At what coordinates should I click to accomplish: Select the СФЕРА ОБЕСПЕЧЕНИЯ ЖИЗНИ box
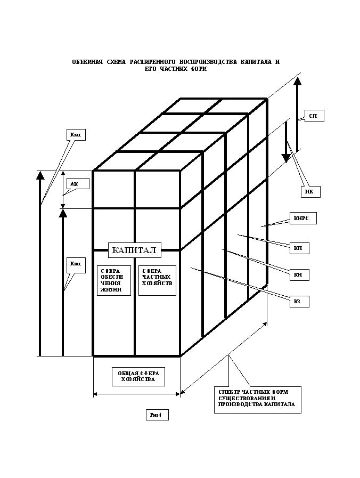113,280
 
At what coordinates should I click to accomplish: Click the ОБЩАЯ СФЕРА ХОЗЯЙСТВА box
138,376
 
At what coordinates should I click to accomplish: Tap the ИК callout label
309,192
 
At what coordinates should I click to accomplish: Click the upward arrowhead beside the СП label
298,81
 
